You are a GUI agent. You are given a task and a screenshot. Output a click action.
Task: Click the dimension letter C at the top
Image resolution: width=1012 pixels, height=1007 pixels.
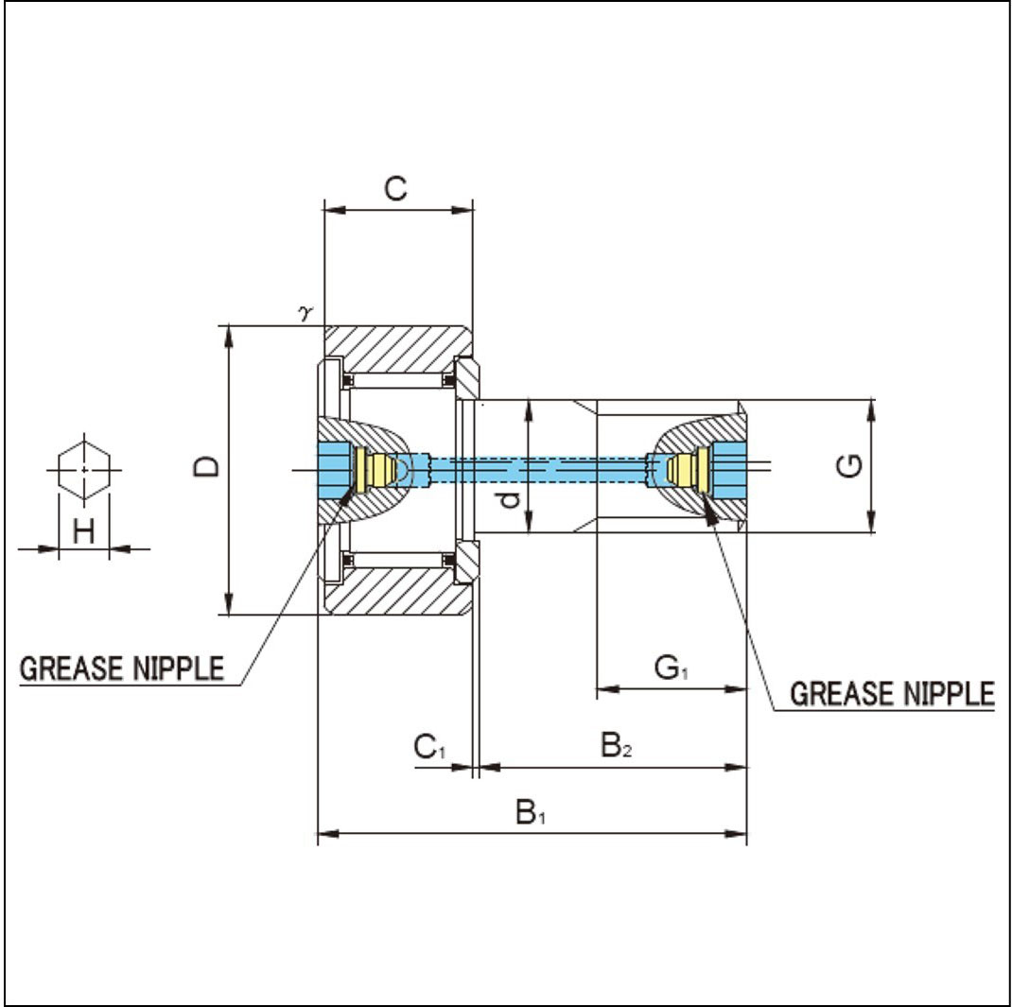[395, 188]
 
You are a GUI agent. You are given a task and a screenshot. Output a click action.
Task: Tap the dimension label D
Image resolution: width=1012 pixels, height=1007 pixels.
[206, 466]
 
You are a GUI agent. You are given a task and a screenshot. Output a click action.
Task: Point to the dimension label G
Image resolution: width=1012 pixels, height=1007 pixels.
[849, 465]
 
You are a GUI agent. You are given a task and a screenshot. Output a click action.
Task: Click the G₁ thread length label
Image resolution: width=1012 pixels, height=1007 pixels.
[672, 668]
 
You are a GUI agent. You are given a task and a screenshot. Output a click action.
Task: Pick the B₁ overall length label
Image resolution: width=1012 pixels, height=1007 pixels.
[531, 812]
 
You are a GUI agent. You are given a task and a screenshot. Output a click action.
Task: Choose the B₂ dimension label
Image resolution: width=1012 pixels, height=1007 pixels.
[617, 745]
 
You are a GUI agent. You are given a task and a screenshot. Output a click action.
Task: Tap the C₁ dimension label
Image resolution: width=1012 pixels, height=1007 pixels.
[429, 747]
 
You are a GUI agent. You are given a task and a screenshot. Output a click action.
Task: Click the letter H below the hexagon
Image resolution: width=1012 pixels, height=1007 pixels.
[84, 530]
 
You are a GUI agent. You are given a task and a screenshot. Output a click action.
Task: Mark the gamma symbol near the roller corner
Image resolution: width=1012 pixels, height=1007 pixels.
[305, 314]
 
